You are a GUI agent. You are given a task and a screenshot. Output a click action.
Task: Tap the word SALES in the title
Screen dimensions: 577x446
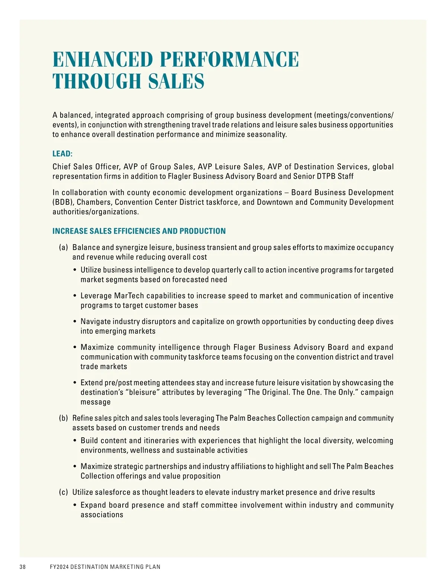176,81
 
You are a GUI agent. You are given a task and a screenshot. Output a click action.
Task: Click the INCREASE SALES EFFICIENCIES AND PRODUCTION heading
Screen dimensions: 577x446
139,231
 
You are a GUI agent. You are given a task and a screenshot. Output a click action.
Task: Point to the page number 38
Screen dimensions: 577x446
23,567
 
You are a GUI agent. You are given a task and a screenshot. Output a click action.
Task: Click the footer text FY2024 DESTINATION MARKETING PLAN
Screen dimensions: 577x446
105,567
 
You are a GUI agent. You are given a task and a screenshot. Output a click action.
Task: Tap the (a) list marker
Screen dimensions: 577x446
64,247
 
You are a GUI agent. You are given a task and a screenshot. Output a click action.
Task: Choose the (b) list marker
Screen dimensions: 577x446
64,418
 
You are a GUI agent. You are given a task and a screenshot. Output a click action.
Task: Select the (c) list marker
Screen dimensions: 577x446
64,492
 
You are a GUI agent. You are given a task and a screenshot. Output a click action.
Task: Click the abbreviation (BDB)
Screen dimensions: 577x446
63,202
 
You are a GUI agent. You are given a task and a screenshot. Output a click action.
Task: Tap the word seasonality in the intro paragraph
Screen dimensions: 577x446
264,134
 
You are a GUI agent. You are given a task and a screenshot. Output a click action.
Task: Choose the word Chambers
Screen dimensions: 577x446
94,202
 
